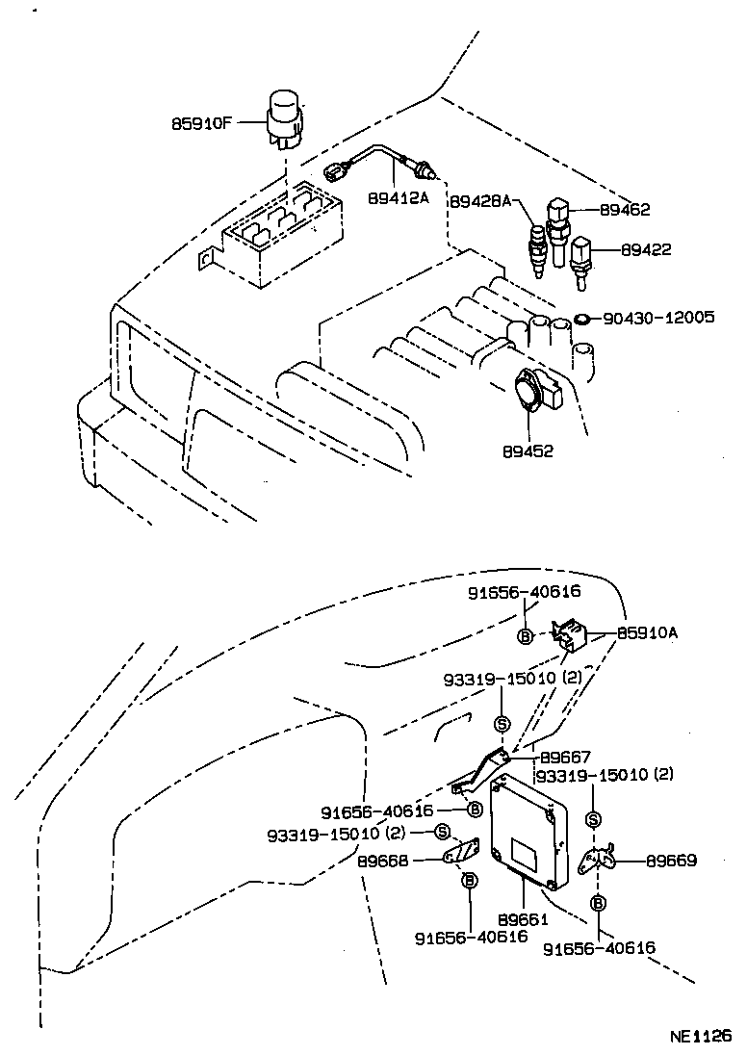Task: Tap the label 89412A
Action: [398, 198]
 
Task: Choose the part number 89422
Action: [646, 249]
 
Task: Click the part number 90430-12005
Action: [658, 317]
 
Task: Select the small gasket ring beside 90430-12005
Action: [582, 318]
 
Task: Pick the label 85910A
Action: [648, 633]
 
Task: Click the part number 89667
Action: [565, 758]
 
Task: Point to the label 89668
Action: [382, 862]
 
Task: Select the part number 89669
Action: [670, 861]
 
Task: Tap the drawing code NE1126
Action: [700, 1037]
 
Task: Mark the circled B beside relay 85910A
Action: [526, 636]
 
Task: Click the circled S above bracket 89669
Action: [593, 819]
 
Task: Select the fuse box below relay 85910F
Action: [274, 231]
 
